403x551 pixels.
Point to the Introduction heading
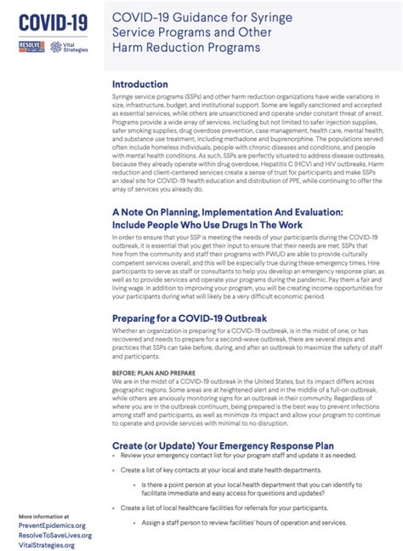[142, 84]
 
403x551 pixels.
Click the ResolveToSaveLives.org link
[54, 535]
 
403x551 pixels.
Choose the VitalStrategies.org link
[48, 545]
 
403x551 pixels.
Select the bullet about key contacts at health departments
[221, 469]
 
